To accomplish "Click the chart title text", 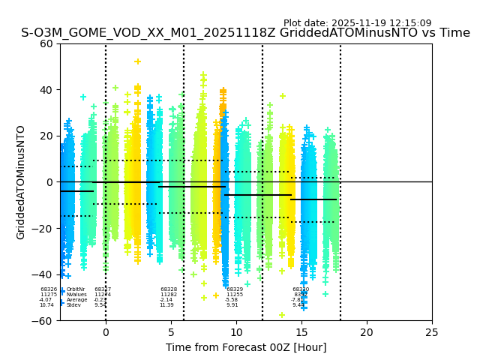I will [x=245, y=33].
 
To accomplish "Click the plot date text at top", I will [x=357, y=23].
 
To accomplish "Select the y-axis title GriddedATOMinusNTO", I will [x=21, y=182].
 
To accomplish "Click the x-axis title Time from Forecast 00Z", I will [x=246, y=347].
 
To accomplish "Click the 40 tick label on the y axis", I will [x=46, y=90].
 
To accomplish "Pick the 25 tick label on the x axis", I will [x=432, y=332].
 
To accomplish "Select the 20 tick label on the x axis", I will [x=367, y=332].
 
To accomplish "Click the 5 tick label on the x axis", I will [x=171, y=332].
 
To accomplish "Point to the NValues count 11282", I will [x=169, y=295].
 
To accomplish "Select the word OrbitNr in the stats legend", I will [x=75, y=289].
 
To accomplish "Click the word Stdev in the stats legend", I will [x=73, y=305].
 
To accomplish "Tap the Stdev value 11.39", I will [x=166, y=305].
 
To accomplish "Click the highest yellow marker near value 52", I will [x=137, y=61].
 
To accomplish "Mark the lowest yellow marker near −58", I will [x=282, y=315].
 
